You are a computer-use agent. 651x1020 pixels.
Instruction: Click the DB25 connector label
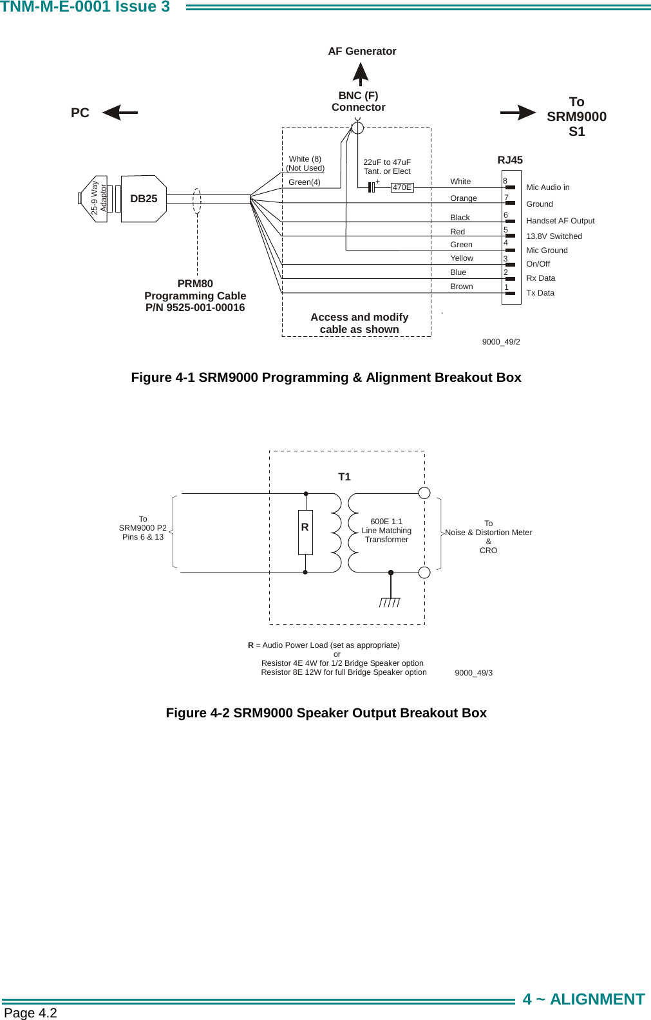pyautogui.click(x=144, y=199)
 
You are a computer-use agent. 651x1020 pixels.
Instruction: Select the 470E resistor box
pyautogui.click(x=402, y=187)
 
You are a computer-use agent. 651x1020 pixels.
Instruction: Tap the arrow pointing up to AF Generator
pyautogui.click(x=361, y=73)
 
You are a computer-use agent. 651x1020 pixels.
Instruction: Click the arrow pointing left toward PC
pyautogui.click(x=120, y=113)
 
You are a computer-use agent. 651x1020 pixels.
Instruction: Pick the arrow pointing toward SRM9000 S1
pyautogui.click(x=518, y=113)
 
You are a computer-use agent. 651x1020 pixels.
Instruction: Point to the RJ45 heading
pyautogui.click(x=510, y=160)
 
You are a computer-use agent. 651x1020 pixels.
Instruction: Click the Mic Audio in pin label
pyautogui.click(x=547, y=187)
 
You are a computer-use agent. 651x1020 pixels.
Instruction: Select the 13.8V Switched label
pyautogui.click(x=554, y=236)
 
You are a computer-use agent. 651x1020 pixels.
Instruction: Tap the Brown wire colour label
pyautogui.click(x=461, y=287)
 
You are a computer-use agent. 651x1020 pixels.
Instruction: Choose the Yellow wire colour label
pyautogui.click(x=461, y=258)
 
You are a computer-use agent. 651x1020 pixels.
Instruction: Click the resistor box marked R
pyautogui.click(x=305, y=532)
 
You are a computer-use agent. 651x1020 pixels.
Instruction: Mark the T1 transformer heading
pyautogui.click(x=344, y=477)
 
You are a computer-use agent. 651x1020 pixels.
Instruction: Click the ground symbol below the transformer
pyautogui.click(x=390, y=601)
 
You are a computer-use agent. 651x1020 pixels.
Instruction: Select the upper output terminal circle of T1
pyautogui.click(x=424, y=493)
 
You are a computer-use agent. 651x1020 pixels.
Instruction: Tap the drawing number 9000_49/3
pyautogui.click(x=473, y=673)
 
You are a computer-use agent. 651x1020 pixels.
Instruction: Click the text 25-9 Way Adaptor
pyautogui.click(x=99, y=198)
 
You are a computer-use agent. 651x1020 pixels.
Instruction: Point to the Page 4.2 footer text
pyautogui.click(x=30, y=1013)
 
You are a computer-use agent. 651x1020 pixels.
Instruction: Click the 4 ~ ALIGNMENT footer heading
pyautogui.click(x=583, y=999)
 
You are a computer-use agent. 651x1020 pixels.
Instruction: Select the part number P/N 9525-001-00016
pyautogui.click(x=195, y=308)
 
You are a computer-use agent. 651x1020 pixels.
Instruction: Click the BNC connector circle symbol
pyautogui.click(x=357, y=127)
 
